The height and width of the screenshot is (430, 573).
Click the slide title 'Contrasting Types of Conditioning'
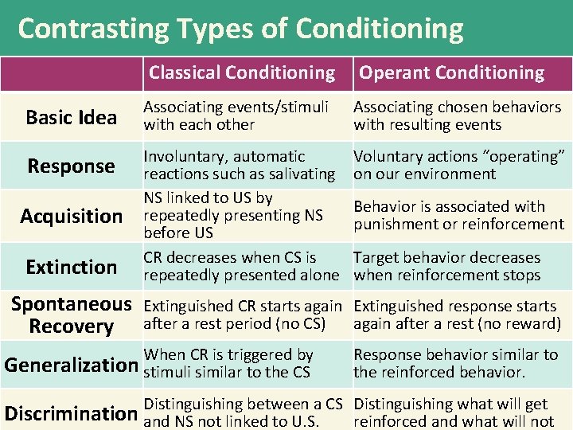[x=240, y=29]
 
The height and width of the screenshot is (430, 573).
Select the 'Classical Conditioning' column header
[x=242, y=72]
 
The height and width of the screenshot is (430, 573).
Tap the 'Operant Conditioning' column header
[x=451, y=73]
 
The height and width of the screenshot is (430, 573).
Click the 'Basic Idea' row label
[x=71, y=117]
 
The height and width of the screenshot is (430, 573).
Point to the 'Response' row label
[x=71, y=166]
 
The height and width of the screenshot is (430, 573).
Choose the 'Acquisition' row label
[x=71, y=216]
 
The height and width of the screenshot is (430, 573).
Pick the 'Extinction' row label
[x=71, y=266]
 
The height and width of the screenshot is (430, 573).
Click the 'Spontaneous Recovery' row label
[x=71, y=315]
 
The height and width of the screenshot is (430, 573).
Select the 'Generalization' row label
[x=71, y=365]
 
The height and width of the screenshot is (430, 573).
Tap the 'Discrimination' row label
[x=71, y=412]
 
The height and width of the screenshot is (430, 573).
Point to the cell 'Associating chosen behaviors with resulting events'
[x=457, y=115]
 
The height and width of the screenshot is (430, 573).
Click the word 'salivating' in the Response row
[x=297, y=174]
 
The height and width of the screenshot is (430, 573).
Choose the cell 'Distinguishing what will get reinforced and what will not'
[x=454, y=412]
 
